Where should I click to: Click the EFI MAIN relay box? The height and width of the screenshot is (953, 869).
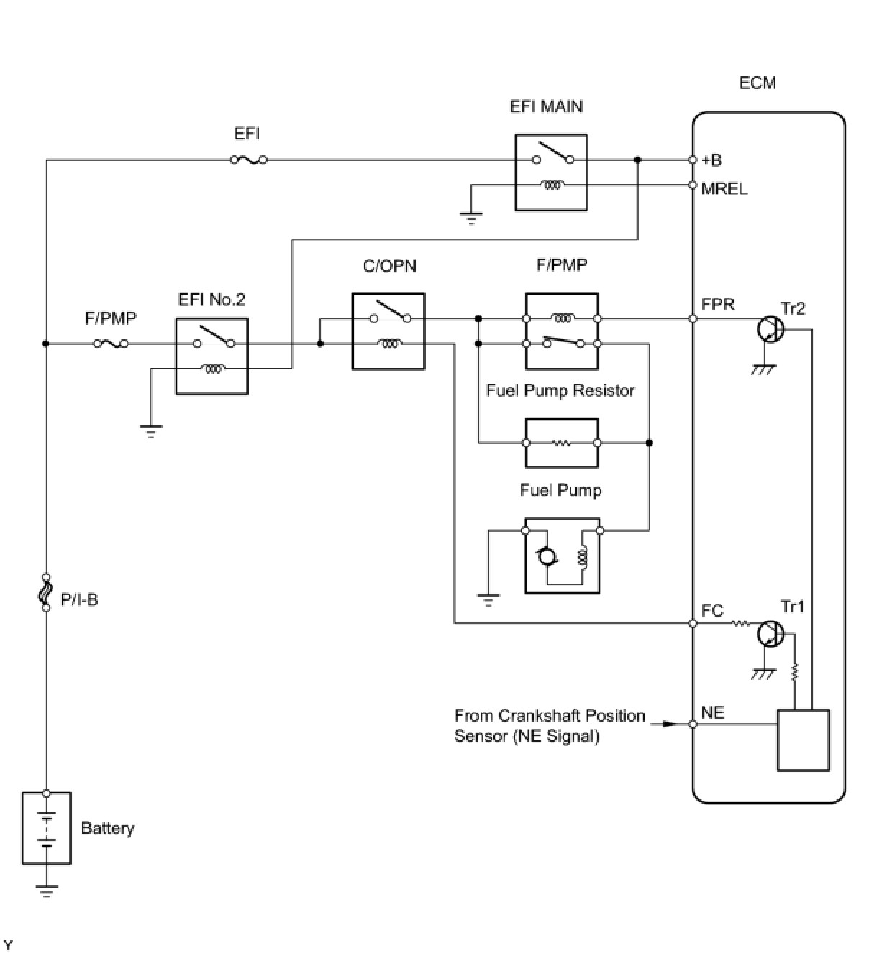[551, 172]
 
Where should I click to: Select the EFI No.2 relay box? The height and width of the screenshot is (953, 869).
[212, 356]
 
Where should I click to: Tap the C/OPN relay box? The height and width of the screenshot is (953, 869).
[388, 331]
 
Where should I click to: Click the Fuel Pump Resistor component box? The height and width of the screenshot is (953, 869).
[562, 443]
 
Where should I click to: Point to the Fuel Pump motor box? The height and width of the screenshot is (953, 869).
[562, 556]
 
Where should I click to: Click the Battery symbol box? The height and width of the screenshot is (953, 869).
[47, 828]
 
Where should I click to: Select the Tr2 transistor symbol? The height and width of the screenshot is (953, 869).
[770, 329]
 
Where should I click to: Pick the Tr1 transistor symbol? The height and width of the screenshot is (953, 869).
[770, 634]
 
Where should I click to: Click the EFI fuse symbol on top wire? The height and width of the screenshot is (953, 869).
[248, 160]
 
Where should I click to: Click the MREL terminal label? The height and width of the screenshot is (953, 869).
[724, 189]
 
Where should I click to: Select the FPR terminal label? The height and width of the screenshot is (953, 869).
[717, 305]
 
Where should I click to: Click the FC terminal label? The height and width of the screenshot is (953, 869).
[711, 610]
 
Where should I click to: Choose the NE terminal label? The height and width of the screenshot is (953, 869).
[712, 712]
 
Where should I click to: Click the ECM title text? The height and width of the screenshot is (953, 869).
[757, 83]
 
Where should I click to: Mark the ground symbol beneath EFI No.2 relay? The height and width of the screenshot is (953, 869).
[151, 431]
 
